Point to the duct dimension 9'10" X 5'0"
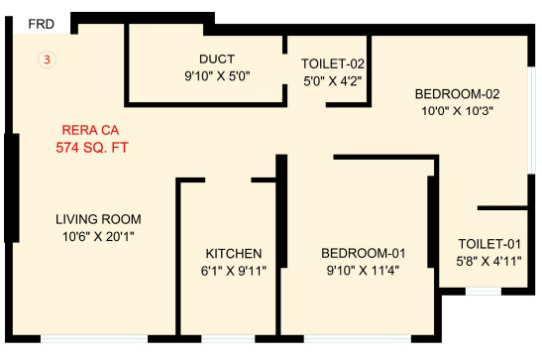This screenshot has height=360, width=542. click(216, 75)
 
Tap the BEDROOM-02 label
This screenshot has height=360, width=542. click(457, 94)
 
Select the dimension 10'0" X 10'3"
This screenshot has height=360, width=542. click(457, 111)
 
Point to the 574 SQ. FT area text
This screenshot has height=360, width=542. click(92, 148)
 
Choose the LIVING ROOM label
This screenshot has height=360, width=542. click(98, 219)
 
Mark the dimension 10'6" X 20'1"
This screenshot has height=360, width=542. click(98, 236)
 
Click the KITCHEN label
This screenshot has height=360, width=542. click(234, 253)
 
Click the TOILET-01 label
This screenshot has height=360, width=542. click(488, 244)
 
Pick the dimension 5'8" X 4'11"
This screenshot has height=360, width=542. click(488, 262)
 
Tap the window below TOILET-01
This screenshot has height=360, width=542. click(483, 291)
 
